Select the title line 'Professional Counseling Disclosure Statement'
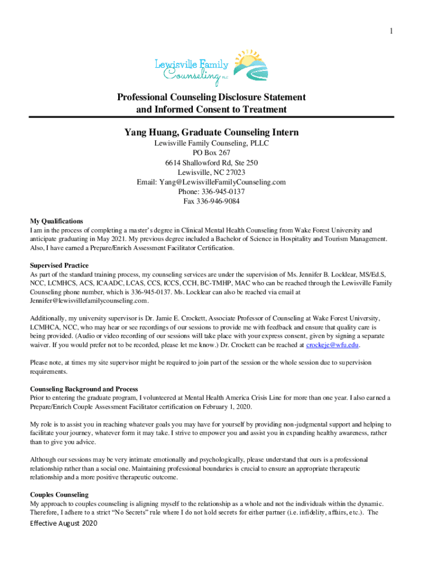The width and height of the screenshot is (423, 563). point(211,97)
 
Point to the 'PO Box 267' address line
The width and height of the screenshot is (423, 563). point(211,153)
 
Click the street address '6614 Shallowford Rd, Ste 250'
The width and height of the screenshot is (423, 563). point(211,163)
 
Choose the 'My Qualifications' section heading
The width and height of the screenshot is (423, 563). point(57,221)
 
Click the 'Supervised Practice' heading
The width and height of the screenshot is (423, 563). point(59,266)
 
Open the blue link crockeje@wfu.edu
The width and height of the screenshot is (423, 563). point(332,345)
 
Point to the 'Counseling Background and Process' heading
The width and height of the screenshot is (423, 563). point(84,389)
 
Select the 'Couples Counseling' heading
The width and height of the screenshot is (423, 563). point(59,495)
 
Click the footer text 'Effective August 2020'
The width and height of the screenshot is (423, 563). point(63,523)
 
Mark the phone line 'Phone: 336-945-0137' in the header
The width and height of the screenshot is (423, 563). point(211,191)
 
